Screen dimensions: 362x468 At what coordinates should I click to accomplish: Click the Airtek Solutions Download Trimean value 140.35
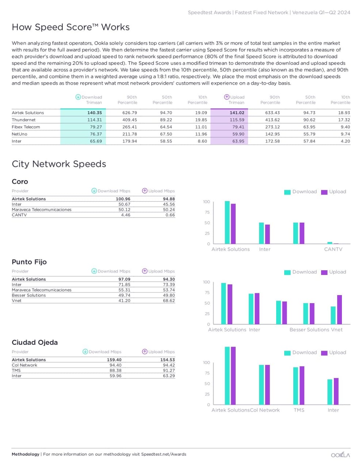[94, 113]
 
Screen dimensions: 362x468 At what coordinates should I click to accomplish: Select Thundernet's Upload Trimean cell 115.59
[237, 120]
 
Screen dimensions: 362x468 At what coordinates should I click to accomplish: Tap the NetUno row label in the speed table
[19, 134]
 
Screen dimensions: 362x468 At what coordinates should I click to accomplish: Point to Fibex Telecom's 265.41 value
[129, 127]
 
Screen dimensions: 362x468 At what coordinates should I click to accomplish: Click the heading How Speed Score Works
[71, 27]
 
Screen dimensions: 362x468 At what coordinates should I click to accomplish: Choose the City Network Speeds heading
[59, 164]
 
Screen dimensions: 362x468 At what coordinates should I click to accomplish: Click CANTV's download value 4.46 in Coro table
[126, 215]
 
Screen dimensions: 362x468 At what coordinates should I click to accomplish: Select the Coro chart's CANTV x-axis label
[333, 249]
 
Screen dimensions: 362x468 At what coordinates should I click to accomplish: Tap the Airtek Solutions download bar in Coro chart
[227, 222]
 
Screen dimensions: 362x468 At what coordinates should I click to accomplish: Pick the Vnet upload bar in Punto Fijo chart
[339, 309]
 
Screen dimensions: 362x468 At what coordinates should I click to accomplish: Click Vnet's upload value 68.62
[169, 301]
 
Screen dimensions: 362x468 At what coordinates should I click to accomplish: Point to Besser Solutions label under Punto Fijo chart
[309, 329]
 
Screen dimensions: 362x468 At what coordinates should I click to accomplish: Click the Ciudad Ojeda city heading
[35, 342]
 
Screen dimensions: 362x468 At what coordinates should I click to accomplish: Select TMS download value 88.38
[115, 370]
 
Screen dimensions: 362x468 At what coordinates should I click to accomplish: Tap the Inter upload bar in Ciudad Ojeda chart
[336, 391]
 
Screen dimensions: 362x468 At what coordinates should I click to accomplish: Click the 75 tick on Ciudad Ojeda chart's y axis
[207, 373]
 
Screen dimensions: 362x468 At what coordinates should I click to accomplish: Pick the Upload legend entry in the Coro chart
[334, 192]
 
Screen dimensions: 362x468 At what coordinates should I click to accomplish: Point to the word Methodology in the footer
[25, 454]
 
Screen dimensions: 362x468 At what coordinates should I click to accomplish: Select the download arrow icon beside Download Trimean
[78, 97]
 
